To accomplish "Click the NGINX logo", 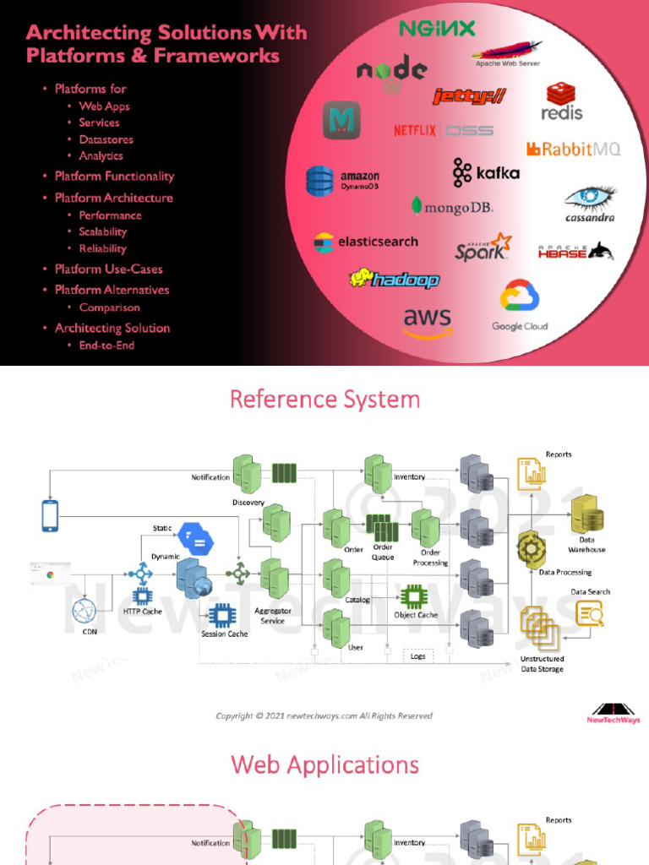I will pyautogui.click(x=437, y=28).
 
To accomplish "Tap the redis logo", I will pyautogui.click(x=562, y=101).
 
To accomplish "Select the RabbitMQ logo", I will pyautogui.click(x=574, y=150).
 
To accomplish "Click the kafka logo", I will pyautogui.click(x=486, y=172).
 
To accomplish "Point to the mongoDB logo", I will pyautogui.click(x=452, y=206).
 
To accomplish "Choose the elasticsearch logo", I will pyautogui.click(x=366, y=242).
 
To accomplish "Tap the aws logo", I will pyautogui.click(x=427, y=322).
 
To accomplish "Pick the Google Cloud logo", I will pyautogui.click(x=520, y=307).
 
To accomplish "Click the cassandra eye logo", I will pyautogui.click(x=590, y=203).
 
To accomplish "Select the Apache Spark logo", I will pyautogui.click(x=483, y=248).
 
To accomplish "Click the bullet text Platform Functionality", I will pyautogui.click(x=114, y=177).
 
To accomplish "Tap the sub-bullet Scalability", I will pyautogui.click(x=103, y=231).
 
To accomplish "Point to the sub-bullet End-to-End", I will pyautogui.click(x=106, y=345).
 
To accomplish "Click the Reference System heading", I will pyautogui.click(x=324, y=399).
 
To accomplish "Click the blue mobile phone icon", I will pyautogui.click(x=50, y=516).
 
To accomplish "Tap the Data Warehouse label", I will pyautogui.click(x=586, y=544).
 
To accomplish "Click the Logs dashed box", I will pyautogui.click(x=417, y=656).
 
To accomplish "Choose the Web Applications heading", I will pyautogui.click(x=324, y=764).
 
